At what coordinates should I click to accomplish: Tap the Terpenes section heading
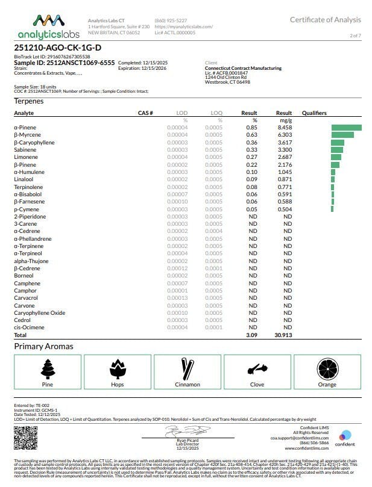(29, 101)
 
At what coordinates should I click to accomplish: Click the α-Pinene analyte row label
(24, 128)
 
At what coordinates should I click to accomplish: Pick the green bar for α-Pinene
(346, 128)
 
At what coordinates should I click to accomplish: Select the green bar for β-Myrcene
(342, 135)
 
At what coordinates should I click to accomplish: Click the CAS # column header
(145, 113)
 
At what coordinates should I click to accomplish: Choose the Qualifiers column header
(314, 113)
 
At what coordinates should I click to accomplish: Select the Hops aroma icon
(118, 368)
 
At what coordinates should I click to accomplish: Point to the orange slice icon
(327, 368)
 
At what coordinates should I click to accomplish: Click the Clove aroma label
(257, 384)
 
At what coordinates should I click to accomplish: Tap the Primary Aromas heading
(44, 347)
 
